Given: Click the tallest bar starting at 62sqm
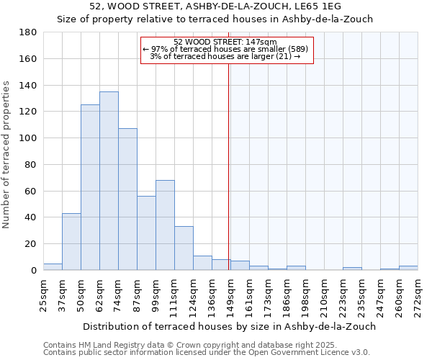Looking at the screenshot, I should tap(109, 181).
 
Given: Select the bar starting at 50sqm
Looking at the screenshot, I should tap(90, 187).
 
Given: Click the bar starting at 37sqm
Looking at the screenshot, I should tap(71, 242).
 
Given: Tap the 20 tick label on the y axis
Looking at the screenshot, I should tap(32, 244).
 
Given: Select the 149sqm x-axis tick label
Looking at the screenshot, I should tap(230, 294).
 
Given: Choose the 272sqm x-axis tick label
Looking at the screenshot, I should tap(418, 294).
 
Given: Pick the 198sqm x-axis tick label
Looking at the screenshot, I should tap(305, 294).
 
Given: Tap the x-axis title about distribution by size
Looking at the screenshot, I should tap(229, 326).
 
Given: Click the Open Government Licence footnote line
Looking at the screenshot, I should tap(207, 353).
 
